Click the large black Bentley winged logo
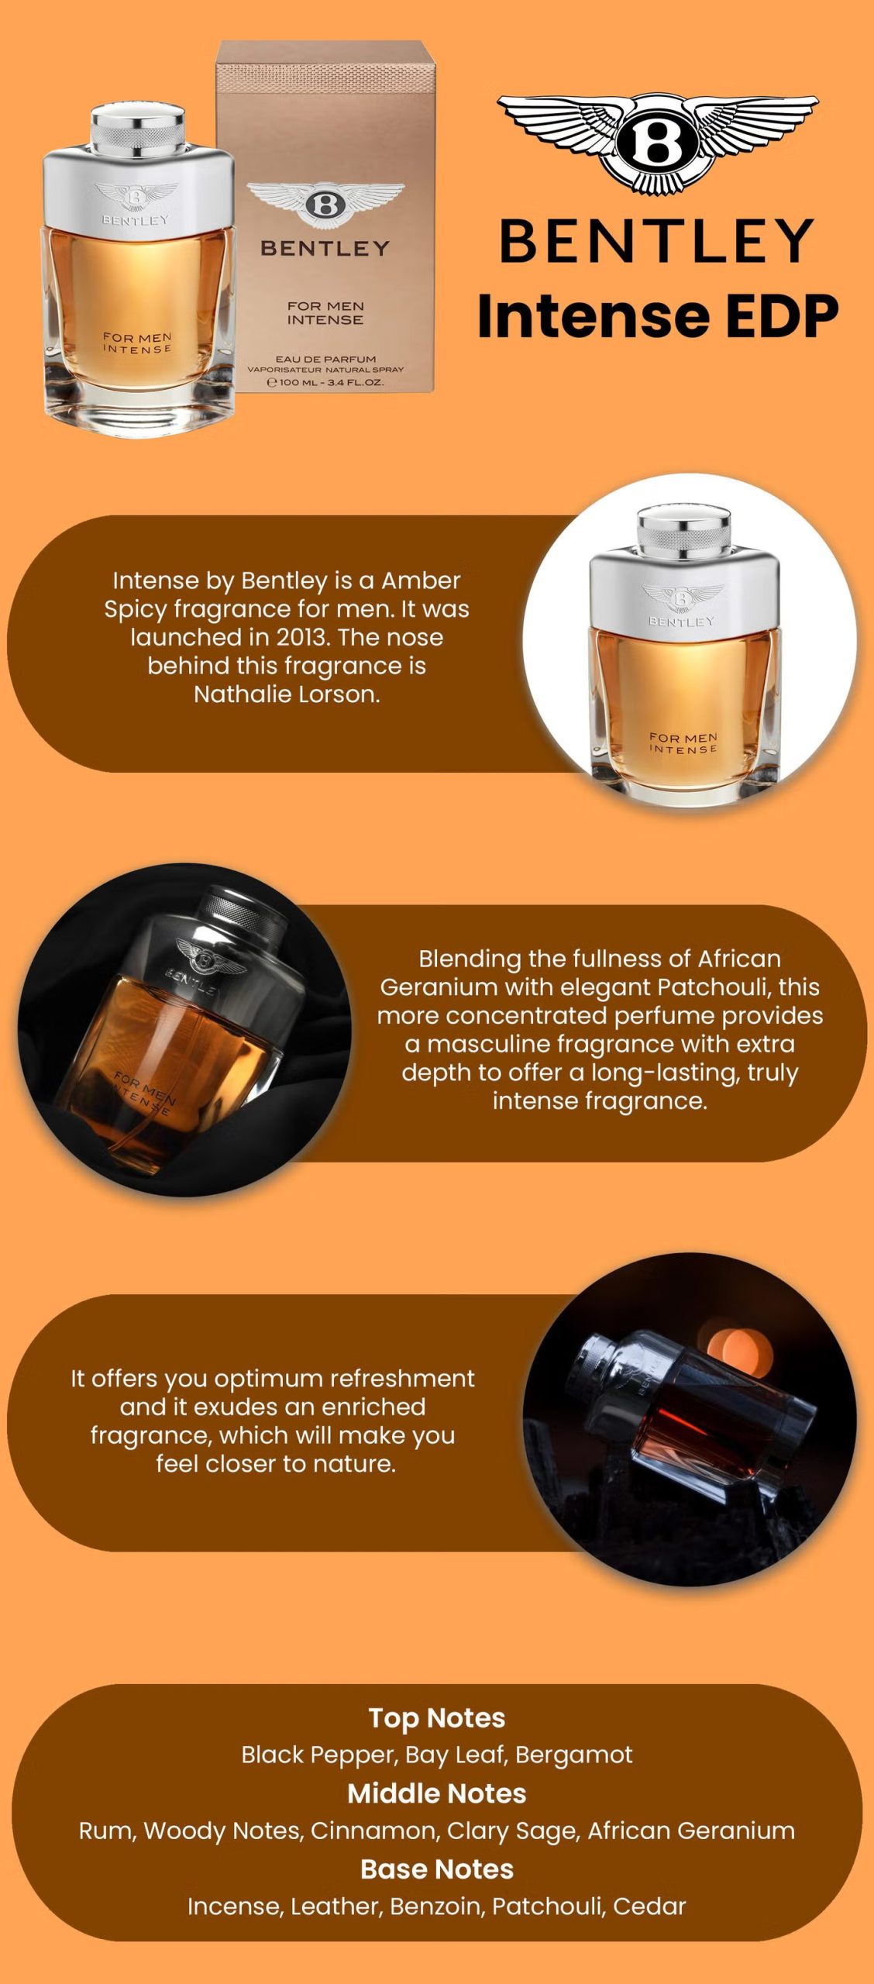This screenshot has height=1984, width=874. [x=657, y=144]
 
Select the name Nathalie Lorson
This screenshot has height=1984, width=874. [x=287, y=694]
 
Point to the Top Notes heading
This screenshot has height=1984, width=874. [x=437, y=1718]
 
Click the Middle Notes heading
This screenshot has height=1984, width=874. [x=437, y=1793]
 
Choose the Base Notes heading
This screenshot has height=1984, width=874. [x=437, y=1869]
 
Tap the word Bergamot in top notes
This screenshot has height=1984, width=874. [x=574, y=1755]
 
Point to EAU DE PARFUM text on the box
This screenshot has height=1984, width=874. [x=325, y=359]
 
